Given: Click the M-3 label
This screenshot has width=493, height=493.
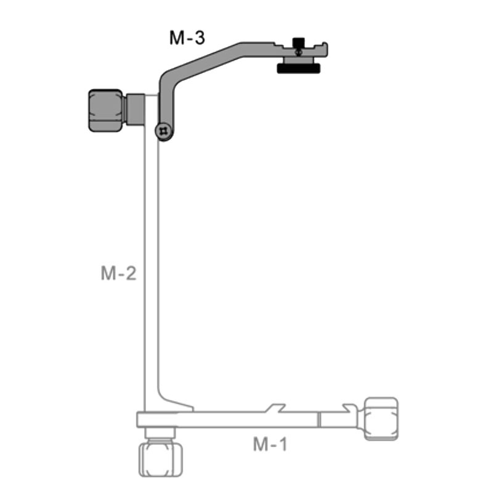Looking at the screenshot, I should (187, 38).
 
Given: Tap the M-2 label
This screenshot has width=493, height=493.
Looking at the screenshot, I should (118, 274).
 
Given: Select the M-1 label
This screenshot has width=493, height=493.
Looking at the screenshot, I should (270, 444).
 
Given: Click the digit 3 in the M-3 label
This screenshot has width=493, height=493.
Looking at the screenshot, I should (199, 38).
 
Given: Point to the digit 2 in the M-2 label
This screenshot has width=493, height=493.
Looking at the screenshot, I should (130, 274).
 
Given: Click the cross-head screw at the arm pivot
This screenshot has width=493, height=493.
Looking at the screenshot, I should (163, 131).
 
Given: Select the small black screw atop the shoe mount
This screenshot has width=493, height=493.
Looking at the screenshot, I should (298, 43).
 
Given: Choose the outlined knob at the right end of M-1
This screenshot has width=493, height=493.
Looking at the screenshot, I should (381, 419).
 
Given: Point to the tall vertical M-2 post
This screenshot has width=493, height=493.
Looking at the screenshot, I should (150, 265).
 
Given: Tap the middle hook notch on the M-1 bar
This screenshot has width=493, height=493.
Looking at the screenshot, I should (275, 409).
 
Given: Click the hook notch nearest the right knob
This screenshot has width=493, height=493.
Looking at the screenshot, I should (352, 409).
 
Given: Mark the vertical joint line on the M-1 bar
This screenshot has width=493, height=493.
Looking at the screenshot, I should (319, 420).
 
